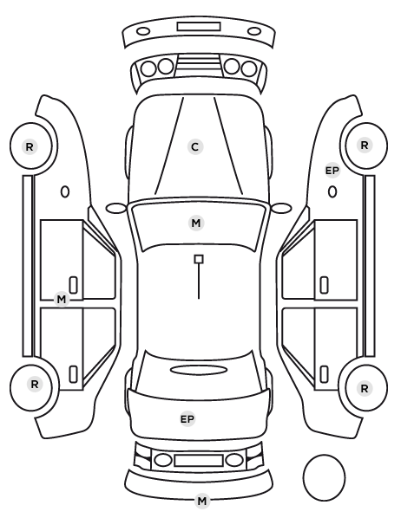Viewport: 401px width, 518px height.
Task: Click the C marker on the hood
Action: [195, 146]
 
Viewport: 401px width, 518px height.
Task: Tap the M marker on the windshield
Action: [195, 223]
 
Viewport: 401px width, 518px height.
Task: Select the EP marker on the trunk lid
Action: [187, 419]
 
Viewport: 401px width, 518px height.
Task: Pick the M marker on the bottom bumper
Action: [201, 501]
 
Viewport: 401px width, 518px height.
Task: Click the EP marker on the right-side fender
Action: [332, 171]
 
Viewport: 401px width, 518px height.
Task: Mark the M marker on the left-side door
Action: [62, 299]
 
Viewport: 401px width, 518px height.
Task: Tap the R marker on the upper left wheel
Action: [30, 146]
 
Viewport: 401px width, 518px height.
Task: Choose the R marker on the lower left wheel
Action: [35, 384]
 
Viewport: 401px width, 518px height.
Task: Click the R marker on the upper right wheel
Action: [365, 145]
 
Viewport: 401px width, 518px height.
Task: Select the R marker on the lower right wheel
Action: [365, 388]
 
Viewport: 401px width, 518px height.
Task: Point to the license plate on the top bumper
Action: [199, 27]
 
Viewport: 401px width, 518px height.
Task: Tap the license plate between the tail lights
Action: [199, 460]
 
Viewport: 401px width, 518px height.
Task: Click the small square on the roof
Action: [199, 259]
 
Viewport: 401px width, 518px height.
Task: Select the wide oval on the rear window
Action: [199, 370]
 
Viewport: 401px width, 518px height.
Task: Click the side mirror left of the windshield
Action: [116, 208]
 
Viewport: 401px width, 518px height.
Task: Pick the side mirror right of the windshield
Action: [281, 208]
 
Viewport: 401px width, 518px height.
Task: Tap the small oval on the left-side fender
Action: [65, 191]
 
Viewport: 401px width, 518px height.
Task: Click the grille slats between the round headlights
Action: [199, 66]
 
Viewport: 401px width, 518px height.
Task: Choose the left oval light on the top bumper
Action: [143, 31]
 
